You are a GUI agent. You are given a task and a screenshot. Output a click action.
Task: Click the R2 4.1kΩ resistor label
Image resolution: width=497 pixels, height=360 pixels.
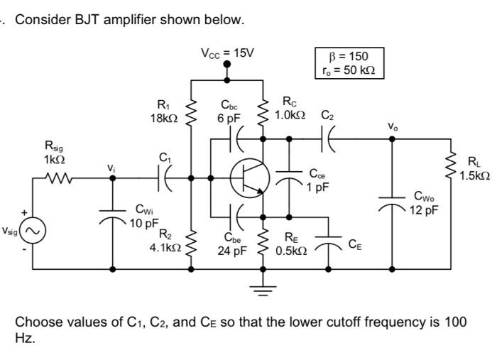tap(163, 241)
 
